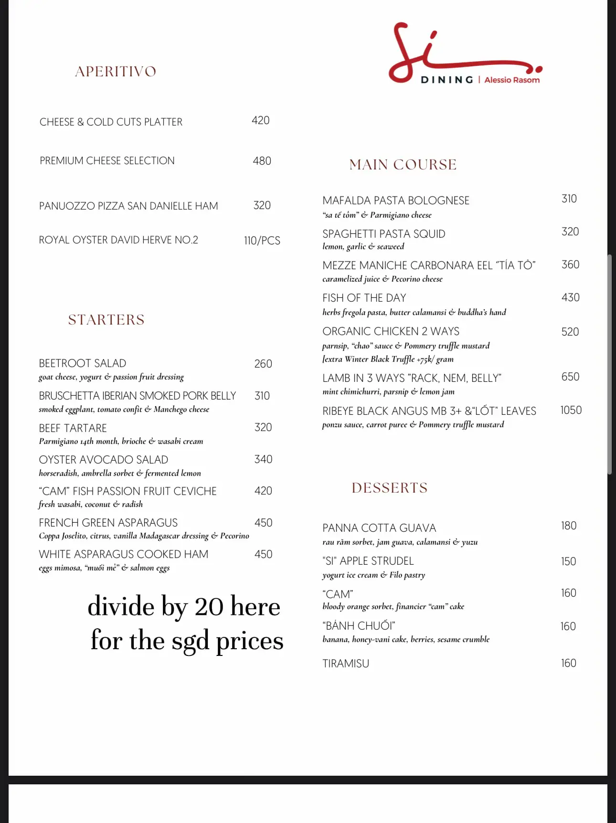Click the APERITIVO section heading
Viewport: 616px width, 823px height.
click(x=116, y=72)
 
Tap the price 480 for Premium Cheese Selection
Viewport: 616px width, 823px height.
click(x=262, y=161)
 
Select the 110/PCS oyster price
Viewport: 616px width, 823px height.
click(x=262, y=241)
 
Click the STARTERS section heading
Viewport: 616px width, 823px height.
click(x=106, y=320)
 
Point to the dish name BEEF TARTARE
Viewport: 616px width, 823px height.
click(x=73, y=428)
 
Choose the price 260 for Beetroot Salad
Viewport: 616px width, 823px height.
click(x=263, y=364)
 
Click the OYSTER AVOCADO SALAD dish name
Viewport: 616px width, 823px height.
click(x=103, y=460)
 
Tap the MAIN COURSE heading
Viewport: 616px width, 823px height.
click(x=403, y=165)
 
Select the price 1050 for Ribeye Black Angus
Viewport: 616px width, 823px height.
click(x=571, y=410)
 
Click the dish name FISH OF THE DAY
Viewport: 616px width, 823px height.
click(x=364, y=298)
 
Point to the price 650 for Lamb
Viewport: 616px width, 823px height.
click(x=570, y=377)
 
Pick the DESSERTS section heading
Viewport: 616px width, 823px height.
click(x=389, y=488)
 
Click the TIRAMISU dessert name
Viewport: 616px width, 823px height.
click(x=346, y=664)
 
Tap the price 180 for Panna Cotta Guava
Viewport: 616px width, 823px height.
click(x=569, y=526)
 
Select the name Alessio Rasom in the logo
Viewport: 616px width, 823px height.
click(x=512, y=80)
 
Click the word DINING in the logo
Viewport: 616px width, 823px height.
click(x=446, y=80)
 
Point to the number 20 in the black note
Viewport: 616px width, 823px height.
click(x=209, y=607)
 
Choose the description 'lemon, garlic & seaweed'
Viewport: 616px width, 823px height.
click(x=363, y=246)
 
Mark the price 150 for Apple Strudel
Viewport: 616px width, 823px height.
click(x=568, y=561)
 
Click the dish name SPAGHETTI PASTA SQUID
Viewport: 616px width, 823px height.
click(x=383, y=234)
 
